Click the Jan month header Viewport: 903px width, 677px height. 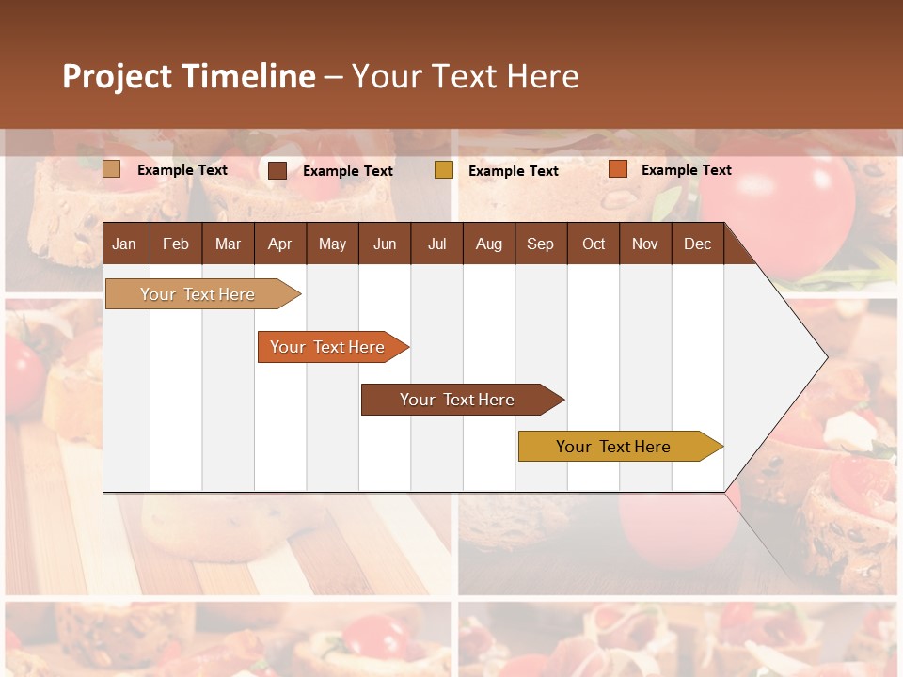point(125,244)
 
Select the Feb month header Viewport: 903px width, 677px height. point(176,244)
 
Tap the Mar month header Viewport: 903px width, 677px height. point(228,244)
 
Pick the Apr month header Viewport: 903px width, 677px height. point(280,244)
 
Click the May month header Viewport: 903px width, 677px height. point(332,244)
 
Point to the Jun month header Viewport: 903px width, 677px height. point(385,244)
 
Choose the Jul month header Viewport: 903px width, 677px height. point(436,244)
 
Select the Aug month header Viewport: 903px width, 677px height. point(489,244)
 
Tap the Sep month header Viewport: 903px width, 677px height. point(541,244)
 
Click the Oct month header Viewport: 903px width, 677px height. point(594,244)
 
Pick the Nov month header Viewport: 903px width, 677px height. point(645,244)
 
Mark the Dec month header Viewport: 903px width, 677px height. point(698,244)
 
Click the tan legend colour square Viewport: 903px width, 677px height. point(112,169)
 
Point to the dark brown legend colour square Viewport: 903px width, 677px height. point(277,170)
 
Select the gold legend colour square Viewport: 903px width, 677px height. point(444,170)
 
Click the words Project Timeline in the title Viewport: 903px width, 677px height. point(189,76)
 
